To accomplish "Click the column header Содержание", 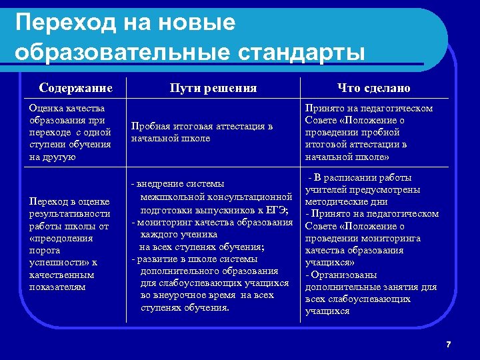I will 75,88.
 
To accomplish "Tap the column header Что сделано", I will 374,88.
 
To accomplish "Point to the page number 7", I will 449,344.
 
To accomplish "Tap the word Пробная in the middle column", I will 151,126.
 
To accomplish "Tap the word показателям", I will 57,287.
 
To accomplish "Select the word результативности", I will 69,214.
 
